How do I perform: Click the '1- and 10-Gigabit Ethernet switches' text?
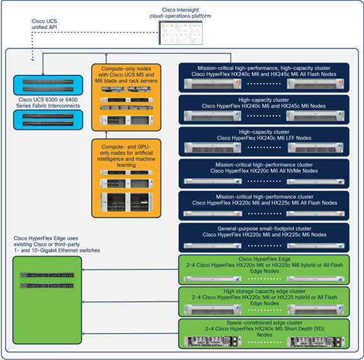[54, 250]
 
